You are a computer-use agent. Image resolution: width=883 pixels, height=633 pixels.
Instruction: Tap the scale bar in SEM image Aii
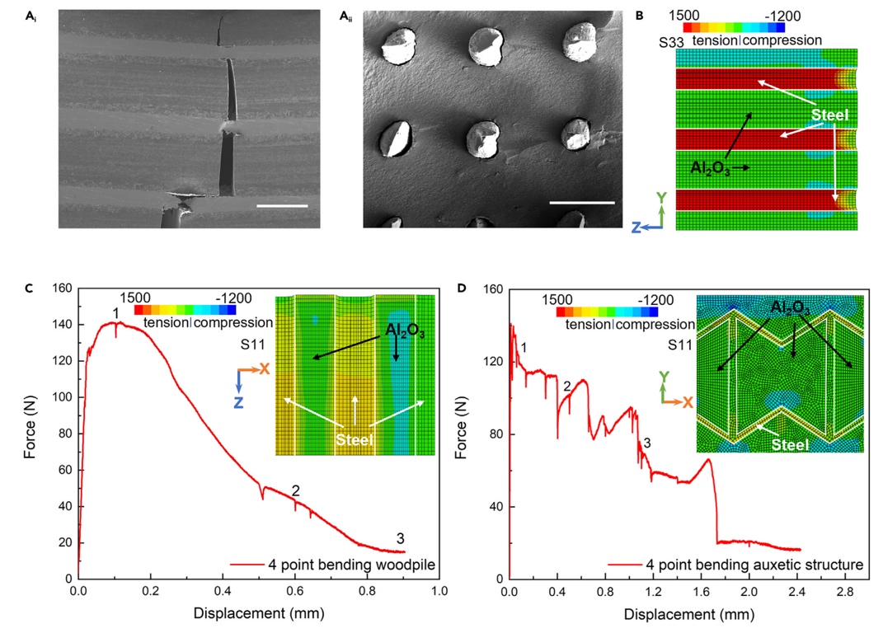pos(582,202)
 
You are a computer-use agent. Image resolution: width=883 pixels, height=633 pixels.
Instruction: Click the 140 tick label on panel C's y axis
pos(60,325)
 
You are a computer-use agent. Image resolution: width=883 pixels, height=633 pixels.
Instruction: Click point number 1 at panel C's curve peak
pos(116,313)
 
